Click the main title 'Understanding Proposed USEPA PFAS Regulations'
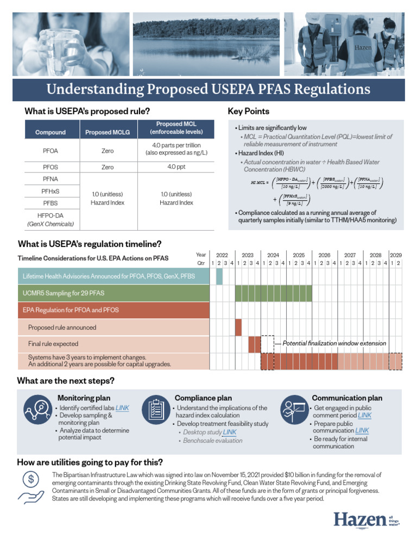click(208, 89)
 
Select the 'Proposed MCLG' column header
click(108, 132)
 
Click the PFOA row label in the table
click(50, 151)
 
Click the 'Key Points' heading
click(248, 112)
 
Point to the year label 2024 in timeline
click(273, 255)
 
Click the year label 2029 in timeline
click(396, 255)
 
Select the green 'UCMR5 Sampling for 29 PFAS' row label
click(64, 293)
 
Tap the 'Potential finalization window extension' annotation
click(334, 343)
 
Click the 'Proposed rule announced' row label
click(62, 327)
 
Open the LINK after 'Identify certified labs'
click(122, 407)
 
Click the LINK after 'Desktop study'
click(229, 432)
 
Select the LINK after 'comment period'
click(364, 415)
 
